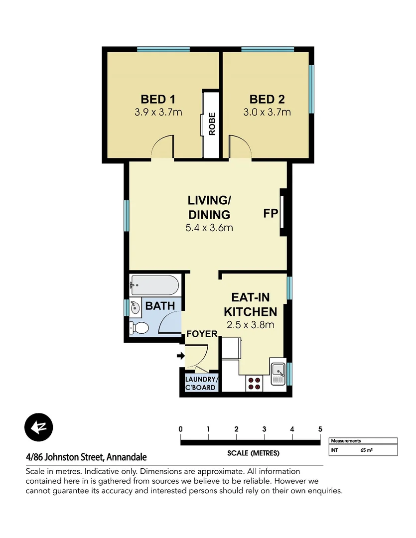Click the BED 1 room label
(158, 99)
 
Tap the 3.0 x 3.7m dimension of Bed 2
(267, 112)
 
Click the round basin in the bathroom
(135, 307)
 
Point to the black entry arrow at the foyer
(180, 356)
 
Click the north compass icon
(38, 427)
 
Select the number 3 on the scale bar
(264, 429)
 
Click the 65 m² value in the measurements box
(367, 450)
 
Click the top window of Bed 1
(163, 49)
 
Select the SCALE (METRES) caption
(253, 453)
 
